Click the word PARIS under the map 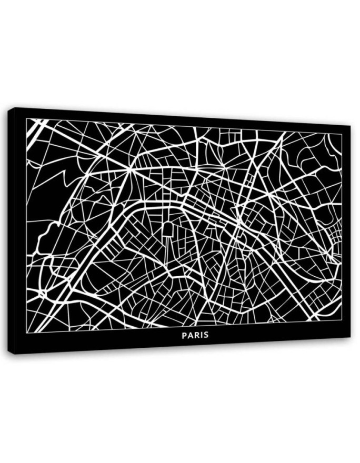point(195,335)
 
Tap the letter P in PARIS point(184,335)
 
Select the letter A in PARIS point(190,335)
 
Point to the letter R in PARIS point(196,335)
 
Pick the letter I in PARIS point(201,335)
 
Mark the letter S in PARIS point(205,335)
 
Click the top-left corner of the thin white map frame point(27,119)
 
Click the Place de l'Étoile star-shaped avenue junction point(129,169)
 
